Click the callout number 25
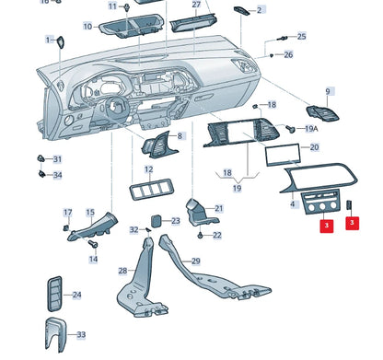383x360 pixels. pyautogui.click(x=301, y=36)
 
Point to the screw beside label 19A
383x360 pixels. pyautogui.click(x=290, y=129)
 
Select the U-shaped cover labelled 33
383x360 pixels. pyautogui.click(x=56, y=334)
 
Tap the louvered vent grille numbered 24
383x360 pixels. pyautogui.click(x=54, y=294)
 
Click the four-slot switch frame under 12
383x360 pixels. pyautogui.click(x=149, y=190)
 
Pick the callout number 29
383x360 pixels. pyautogui.click(x=196, y=261)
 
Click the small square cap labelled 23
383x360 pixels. pyautogui.click(x=157, y=221)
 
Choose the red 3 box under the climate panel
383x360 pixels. pyautogui.click(x=327, y=226)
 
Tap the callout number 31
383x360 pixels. pyautogui.click(x=57, y=159)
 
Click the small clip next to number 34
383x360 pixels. pyautogui.click(x=41, y=174)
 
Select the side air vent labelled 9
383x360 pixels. pyautogui.click(x=322, y=113)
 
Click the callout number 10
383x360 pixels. pyautogui.click(x=87, y=27)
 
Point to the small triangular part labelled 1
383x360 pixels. pyautogui.click(x=60, y=42)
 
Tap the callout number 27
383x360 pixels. pyautogui.click(x=196, y=5)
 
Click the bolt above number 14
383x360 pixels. pyautogui.click(x=93, y=244)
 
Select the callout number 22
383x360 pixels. pyautogui.click(x=217, y=235)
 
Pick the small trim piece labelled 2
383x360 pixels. pyautogui.click(x=242, y=10)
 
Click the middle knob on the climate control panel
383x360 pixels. pyautogui.click(x=322, y=206)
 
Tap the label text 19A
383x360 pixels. pyautogui.click(x=311, y=129)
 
